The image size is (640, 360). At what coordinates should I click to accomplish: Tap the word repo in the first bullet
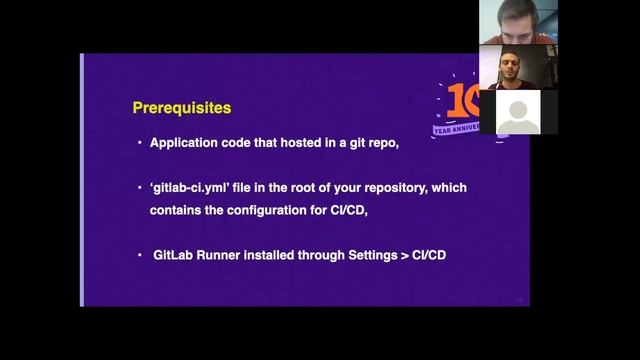point(382,143)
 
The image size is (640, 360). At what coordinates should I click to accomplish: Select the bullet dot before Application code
point(140,143)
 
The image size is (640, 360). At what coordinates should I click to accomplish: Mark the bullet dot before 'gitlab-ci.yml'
point(140,188)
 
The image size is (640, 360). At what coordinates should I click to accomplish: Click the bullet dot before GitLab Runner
point(140,255)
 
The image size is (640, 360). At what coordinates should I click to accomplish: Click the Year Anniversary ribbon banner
point(456,129)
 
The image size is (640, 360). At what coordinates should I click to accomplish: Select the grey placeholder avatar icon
point(518,113)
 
